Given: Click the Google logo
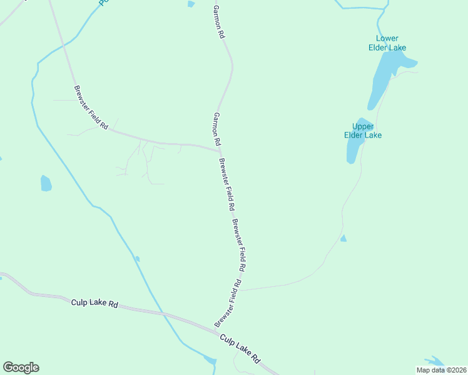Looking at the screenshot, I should (x=21, y=367).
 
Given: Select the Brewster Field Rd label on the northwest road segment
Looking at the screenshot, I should (x=91, y=107).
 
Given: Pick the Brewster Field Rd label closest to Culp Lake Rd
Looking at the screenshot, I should (x=228, y=302).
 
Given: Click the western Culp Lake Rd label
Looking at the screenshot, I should (x=95, y=303).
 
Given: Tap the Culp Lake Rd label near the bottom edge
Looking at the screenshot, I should (x=240, y=347).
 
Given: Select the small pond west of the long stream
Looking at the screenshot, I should (x=46, y=183).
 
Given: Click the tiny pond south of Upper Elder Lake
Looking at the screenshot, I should (x=343, y=238).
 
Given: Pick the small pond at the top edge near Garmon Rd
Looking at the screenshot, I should (x=191, y=4).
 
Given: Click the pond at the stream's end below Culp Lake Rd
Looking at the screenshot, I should (x=210, y=361).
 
